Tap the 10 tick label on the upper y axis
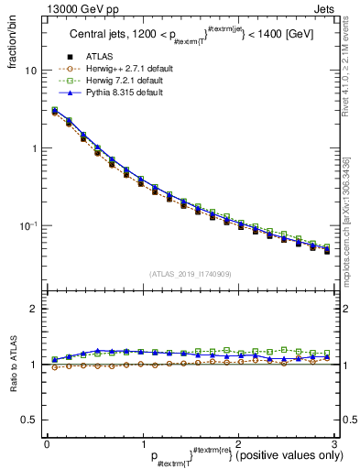click(30, 70)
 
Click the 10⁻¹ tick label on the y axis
click(27, 225)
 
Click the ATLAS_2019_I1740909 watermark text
click(191, 274)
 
